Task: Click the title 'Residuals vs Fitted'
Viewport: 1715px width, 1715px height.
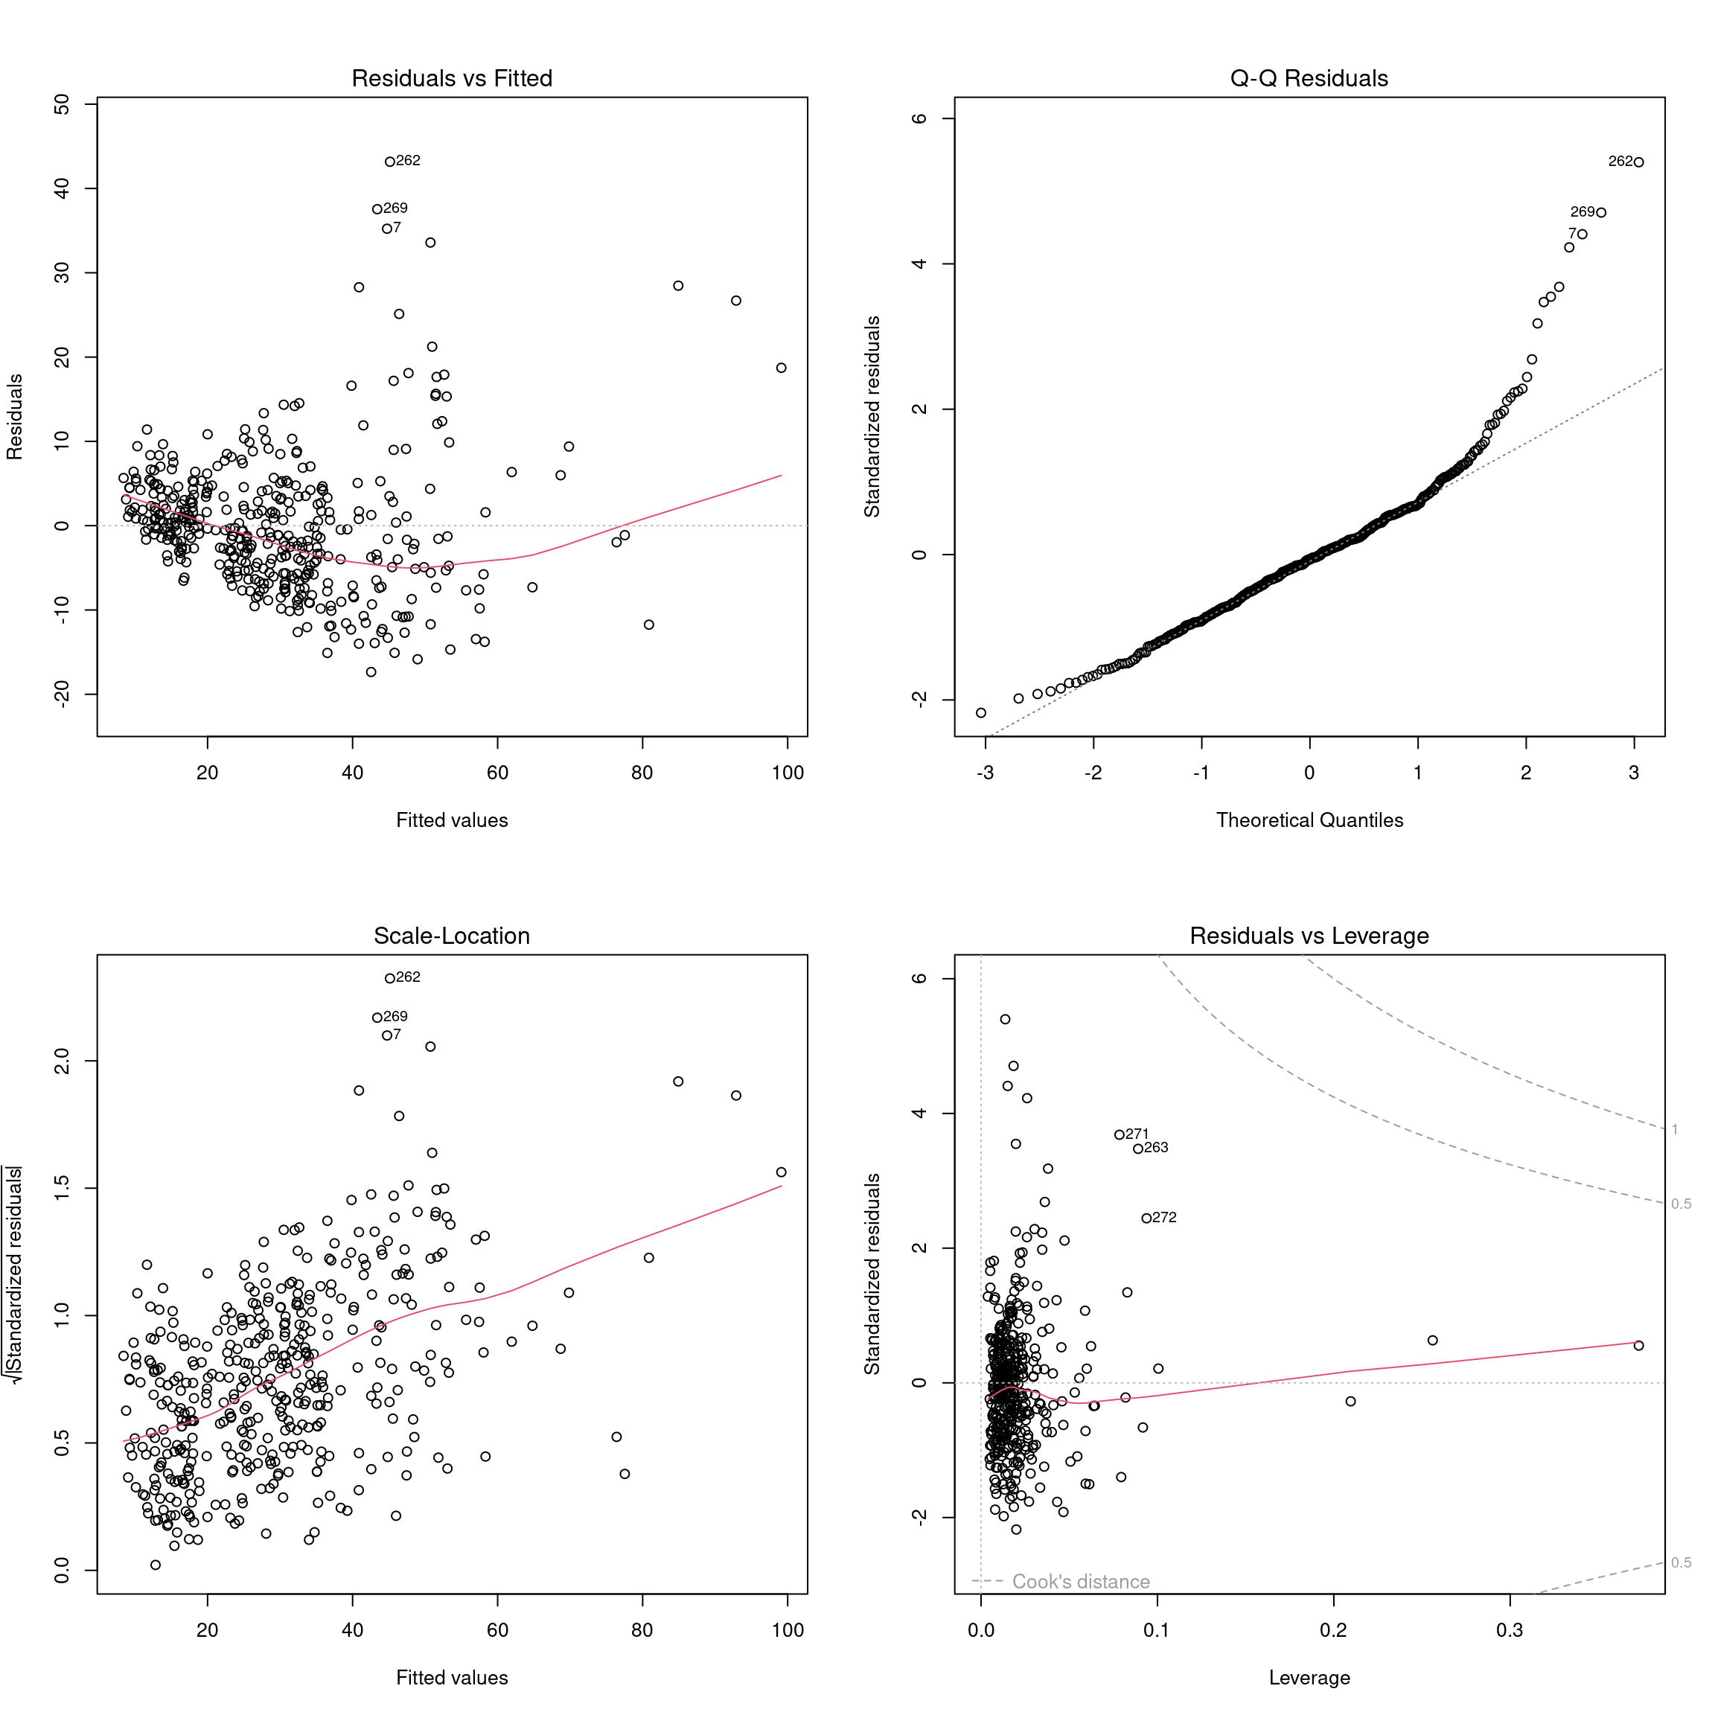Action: click(452, 78)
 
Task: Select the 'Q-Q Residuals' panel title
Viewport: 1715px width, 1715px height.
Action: click(1309, 78)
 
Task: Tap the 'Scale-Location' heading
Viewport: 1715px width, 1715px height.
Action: click(452, 936)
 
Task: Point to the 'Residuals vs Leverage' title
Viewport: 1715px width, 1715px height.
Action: click(1309, 936)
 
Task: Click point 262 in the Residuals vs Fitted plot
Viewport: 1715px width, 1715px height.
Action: click(390, 162)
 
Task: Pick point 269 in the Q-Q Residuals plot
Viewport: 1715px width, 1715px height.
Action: click(1600, 212)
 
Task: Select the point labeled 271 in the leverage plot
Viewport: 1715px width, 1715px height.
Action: click(1120, 1134)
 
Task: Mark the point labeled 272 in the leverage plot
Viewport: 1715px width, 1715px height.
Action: click(1146, 1218)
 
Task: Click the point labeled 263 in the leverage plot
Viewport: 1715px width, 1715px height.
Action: click(1138, 1149)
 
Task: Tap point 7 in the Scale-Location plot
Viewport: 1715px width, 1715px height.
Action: click(387, 1035)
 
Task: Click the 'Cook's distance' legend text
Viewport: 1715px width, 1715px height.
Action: click(1080, 1581)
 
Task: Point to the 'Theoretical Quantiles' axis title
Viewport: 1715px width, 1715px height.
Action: click(1309, 820)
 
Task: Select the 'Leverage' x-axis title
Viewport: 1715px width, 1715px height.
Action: click(1309, 1678)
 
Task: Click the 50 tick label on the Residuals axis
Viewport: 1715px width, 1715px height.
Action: click(61, 105)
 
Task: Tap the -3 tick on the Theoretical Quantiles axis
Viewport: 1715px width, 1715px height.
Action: click(985, 773)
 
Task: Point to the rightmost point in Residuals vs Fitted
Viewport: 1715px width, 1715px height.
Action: click(781, 368)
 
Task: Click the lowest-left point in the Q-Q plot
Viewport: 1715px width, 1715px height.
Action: click(981, 713)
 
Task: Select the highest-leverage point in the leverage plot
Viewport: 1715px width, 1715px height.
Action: click(1638, 1346)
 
